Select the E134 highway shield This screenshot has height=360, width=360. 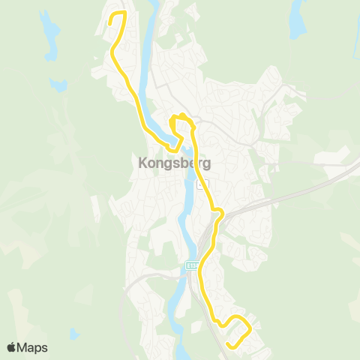[x=192, y=265]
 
